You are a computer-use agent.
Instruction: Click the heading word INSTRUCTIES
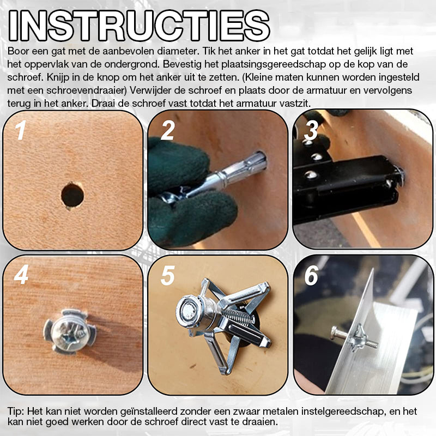coord(139,26)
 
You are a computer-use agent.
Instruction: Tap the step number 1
coord(21,130)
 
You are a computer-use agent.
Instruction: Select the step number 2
coord(167,130)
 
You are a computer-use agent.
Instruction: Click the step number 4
coord(21,275)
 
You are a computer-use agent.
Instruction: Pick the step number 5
coord(168,275)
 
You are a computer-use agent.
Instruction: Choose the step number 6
coord(312,275)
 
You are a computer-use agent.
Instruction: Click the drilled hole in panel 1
coord(72,195)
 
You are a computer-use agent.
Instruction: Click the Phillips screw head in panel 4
coord(70,332)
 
